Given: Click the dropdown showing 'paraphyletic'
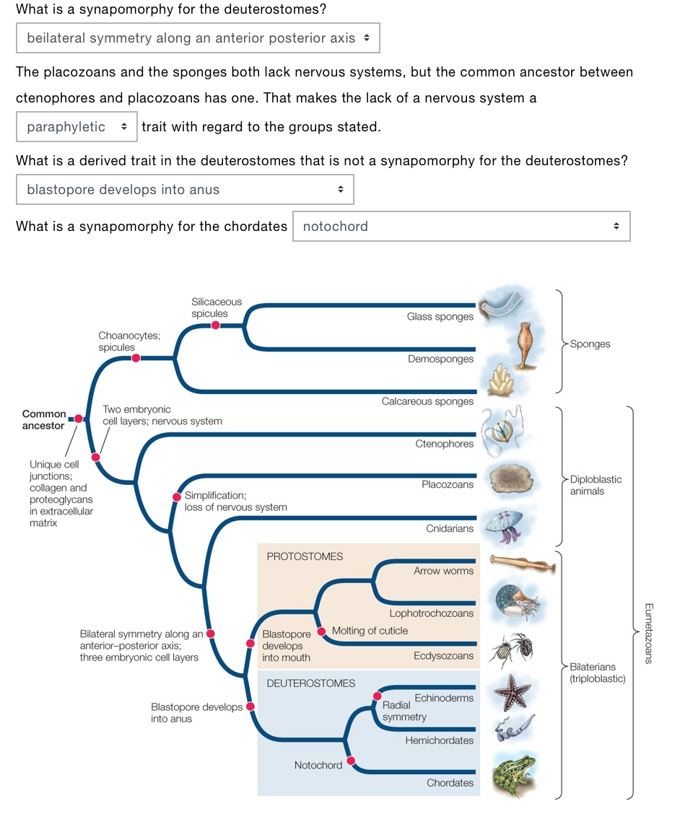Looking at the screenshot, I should pyautogui.click(x=77, y=127).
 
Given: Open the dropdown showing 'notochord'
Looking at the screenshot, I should pyautogui.click(x=461, y=227).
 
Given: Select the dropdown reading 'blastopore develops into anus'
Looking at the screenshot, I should pyautogui.click(x=185, y=190).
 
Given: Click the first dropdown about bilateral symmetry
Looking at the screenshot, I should pyautogui.click(x=198, y=38).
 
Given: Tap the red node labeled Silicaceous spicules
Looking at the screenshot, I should pyautogui.click(x=215, y=325).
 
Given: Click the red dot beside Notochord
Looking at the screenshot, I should pyautogui.click(x=351, y=761).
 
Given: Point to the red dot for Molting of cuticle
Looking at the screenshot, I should pyautogui.click(x=323, y=631).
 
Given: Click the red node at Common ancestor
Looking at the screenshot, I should pyautogui.click(x=78, y=419).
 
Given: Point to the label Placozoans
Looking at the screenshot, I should pyautogui.click(x=448, y=484).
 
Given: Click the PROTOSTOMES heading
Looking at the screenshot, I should pyautogui.click(x=305, y=556).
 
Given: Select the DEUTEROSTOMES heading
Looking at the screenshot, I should pyautogui.click(x=310, y=683).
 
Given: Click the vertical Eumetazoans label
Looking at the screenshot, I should pyautogui.click(x=648, y=633).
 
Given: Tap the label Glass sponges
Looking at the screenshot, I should pyautogui.click(x=440, y=316).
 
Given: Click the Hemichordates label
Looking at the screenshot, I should pyautogui.click(x=439, y=740).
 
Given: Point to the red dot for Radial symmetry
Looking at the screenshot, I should pyautogui.click(x=377, y=696).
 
